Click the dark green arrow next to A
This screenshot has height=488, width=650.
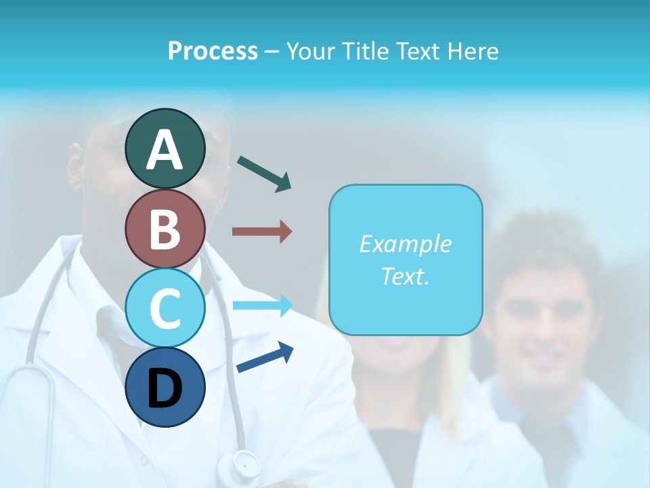tap(264, 173)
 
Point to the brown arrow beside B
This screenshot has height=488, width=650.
tap(262, 232)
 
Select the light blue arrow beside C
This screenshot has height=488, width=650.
tap(262, 306)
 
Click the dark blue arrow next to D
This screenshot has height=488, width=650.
tap(265, 357)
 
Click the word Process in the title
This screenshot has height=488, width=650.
tap(213, 51)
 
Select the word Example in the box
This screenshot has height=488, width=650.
tap(405, 244)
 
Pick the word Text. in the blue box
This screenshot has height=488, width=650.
tap(405, 277)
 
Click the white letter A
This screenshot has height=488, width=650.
tap(165, 150)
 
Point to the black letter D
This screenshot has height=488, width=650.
tap(165, 389)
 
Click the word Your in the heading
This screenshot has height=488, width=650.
tap(309, 51)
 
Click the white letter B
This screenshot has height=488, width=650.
tap(165, 230)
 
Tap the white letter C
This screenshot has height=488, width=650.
tap(165, 309)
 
